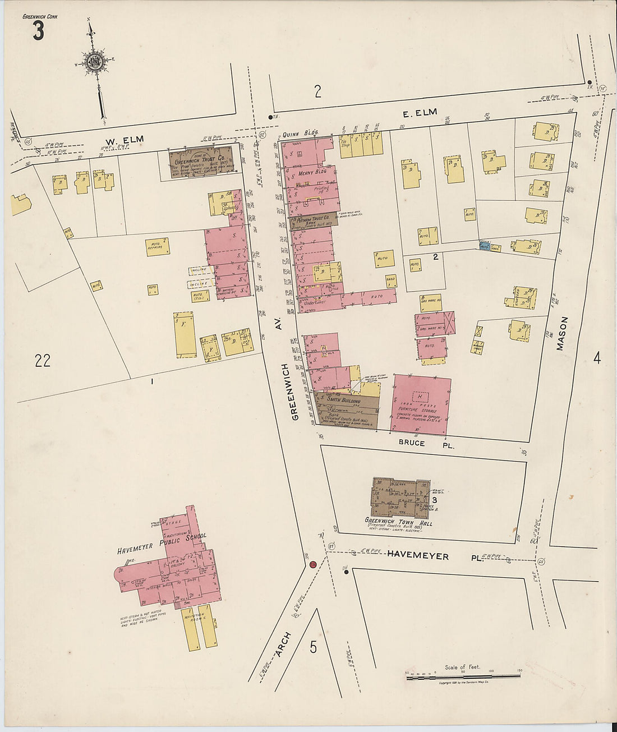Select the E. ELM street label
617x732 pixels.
[x=420, y=113]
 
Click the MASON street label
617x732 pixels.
[x=563, y=334]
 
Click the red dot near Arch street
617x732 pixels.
[x=313, y=564]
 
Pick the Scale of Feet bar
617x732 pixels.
[x=463, y=678]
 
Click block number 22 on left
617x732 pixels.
[x=43, y=361]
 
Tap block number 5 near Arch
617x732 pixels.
[x=313, y=647]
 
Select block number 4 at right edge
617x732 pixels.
[x=597, y=358]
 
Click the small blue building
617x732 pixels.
[x=485, y=246]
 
